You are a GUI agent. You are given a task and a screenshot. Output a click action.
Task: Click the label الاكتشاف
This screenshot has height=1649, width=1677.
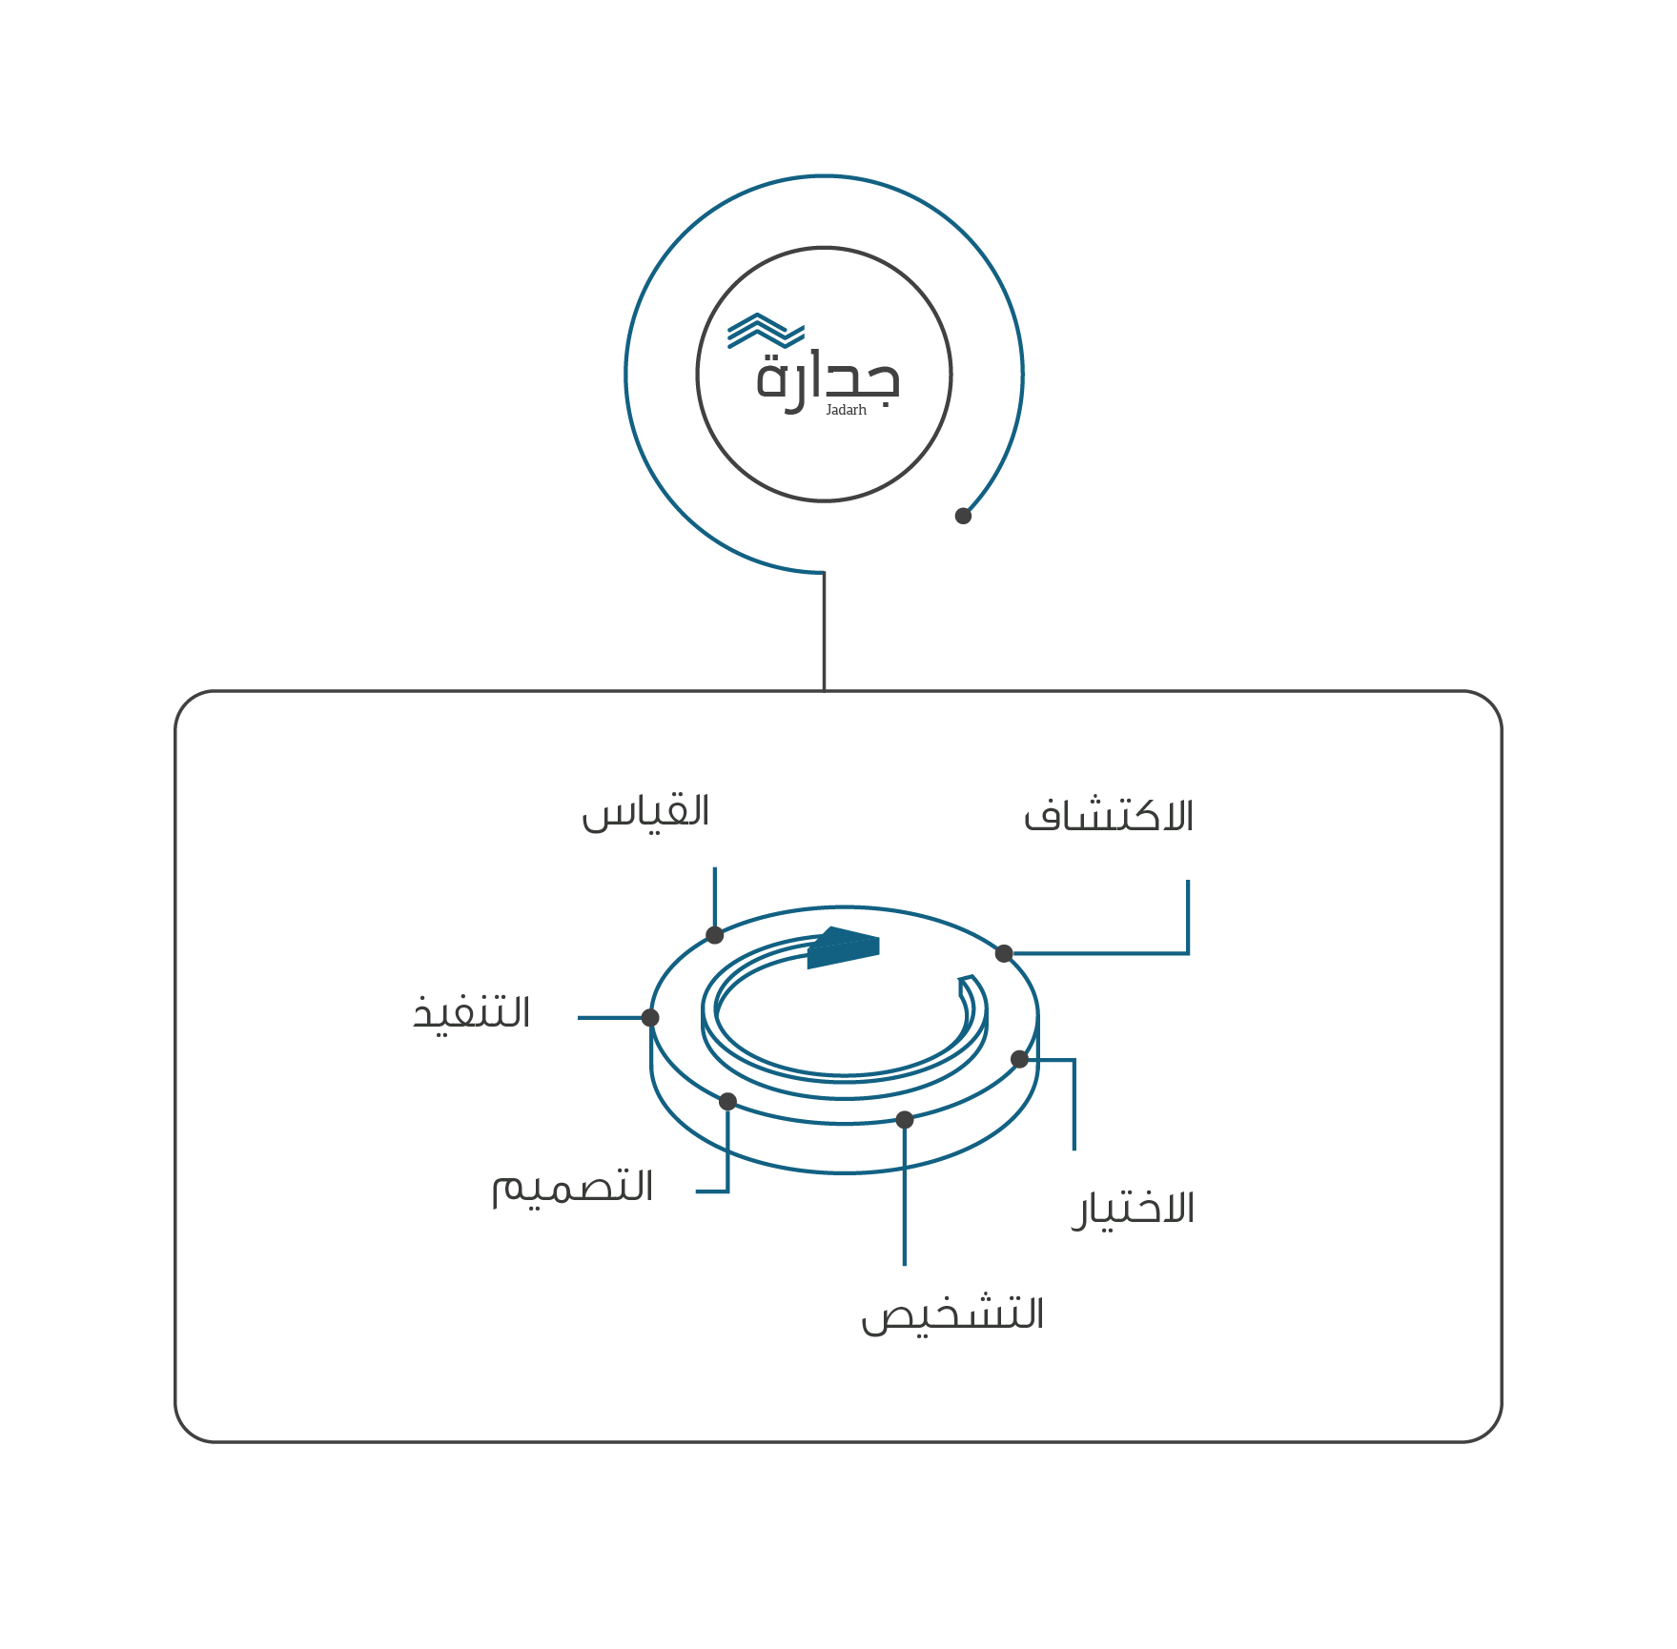point(1108,816)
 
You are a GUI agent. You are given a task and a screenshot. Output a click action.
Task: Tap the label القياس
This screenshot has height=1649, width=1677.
point(645,812)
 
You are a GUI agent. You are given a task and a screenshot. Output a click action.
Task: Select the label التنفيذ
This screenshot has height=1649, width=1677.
point(471,1012)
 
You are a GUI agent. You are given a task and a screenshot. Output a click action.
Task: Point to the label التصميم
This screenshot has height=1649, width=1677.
point(572,1188)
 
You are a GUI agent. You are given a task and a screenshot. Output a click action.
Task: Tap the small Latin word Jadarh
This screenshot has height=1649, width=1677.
point(846,411)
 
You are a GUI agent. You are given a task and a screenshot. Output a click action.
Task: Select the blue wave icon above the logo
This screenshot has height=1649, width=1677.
point(765,331)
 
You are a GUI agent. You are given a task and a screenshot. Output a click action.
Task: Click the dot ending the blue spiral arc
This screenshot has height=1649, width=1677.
point(963,516)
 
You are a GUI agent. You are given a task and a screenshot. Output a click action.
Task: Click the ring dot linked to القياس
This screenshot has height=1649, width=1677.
point(714,935)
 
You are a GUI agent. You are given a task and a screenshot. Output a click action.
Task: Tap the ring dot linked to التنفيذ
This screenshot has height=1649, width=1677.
point(650,1018)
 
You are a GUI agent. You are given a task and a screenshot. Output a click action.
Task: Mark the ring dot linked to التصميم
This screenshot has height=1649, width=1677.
point(727,1102)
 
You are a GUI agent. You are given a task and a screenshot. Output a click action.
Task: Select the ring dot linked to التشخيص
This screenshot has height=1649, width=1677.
point(905,1120)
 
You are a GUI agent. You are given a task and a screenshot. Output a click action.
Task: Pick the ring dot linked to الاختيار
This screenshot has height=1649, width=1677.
point(1019,1059)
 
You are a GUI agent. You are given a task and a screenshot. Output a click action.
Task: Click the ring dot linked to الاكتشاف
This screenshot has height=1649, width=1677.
point(1004,953)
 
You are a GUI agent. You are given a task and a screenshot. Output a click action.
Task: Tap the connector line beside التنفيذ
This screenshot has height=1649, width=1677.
point(610,1018)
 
